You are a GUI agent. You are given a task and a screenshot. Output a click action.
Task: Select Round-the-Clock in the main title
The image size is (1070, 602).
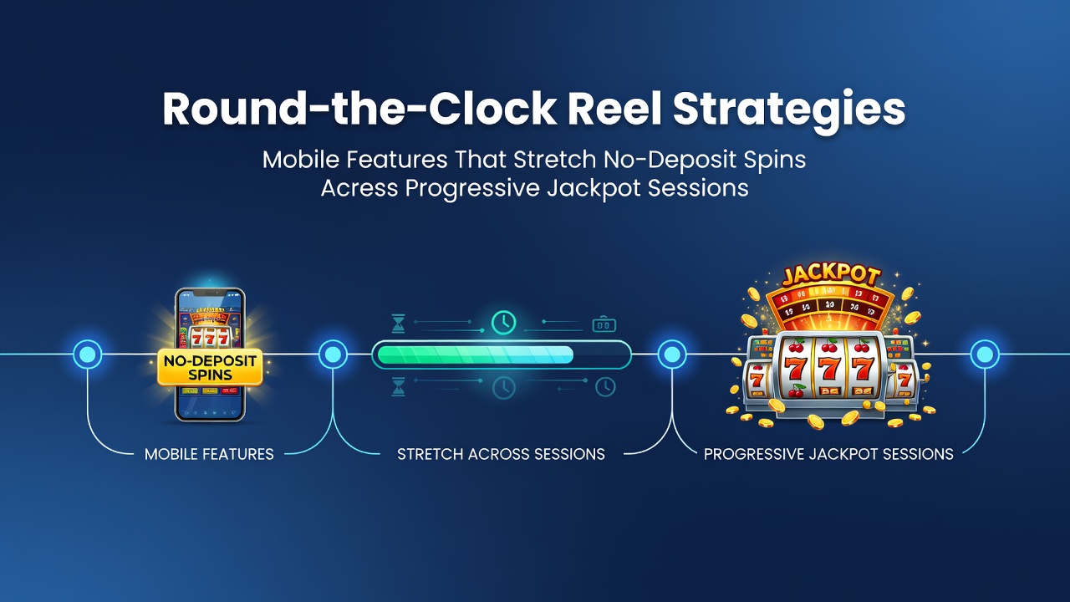(359, 108)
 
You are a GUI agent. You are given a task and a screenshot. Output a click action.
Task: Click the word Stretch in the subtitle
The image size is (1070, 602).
(554, 159)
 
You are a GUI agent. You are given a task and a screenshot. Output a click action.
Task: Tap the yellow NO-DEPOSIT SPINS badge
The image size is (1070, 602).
(210, 367)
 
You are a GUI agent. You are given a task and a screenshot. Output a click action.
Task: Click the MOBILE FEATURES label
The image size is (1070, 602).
(209, 454)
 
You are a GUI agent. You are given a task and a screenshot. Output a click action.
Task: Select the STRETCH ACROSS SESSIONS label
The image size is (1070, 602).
(501, 454)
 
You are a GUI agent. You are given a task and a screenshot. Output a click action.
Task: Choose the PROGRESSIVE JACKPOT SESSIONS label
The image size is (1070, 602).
(828, 454)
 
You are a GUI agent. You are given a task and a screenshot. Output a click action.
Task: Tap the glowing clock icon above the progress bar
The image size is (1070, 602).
(503, 323)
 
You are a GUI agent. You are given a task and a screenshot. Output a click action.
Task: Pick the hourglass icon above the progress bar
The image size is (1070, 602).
(398, 324)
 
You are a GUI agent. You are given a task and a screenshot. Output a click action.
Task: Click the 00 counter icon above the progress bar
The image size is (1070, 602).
(604, 324)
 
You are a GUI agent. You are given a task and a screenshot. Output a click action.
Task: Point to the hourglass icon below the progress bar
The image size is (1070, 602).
(398, 386)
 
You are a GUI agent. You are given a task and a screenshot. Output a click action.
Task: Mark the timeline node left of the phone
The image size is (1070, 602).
(88, 355)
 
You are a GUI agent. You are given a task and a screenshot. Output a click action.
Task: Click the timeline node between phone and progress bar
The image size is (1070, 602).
(333, 355)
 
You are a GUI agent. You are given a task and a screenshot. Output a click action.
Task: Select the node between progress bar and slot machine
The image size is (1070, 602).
(672, 355)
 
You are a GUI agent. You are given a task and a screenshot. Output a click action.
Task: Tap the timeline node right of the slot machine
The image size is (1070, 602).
(985, 355)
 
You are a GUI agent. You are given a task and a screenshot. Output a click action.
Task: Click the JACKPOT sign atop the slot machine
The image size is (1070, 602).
(830, 276)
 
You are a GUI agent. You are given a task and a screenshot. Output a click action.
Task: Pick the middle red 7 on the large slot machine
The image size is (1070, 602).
(829, 370)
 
